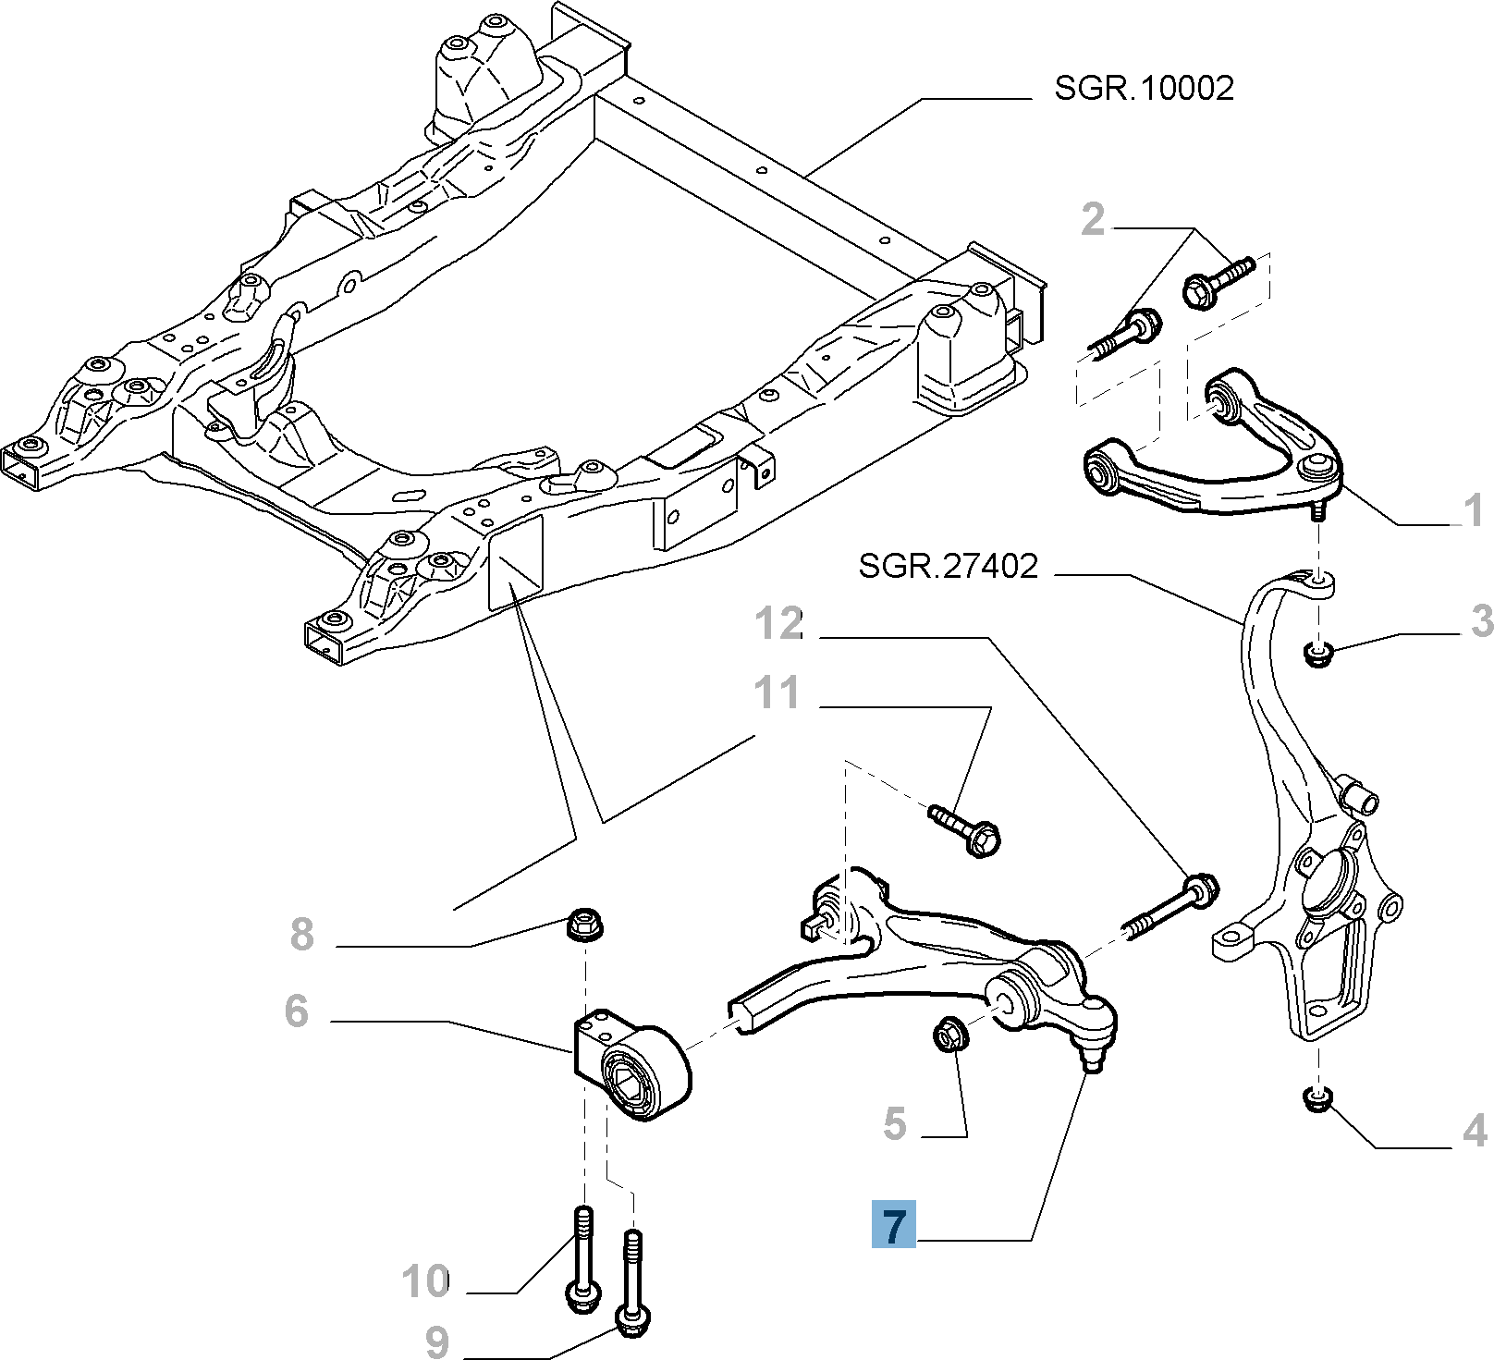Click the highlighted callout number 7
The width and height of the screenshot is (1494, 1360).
tap(893, 1226)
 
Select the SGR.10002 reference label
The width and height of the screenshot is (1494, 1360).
tap(1144, 89)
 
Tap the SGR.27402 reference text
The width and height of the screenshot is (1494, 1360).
tap(949, 566)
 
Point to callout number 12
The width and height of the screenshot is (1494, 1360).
tap(779, 625)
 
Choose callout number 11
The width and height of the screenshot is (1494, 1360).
tap(777, 692)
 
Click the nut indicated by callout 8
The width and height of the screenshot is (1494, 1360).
tap(582, 923)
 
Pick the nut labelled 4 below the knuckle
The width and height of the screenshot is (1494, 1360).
tap(1317, 1099)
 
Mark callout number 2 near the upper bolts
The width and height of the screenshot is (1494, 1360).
tap(1093, 220)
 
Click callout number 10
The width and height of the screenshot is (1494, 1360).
tap(425, 1281)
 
